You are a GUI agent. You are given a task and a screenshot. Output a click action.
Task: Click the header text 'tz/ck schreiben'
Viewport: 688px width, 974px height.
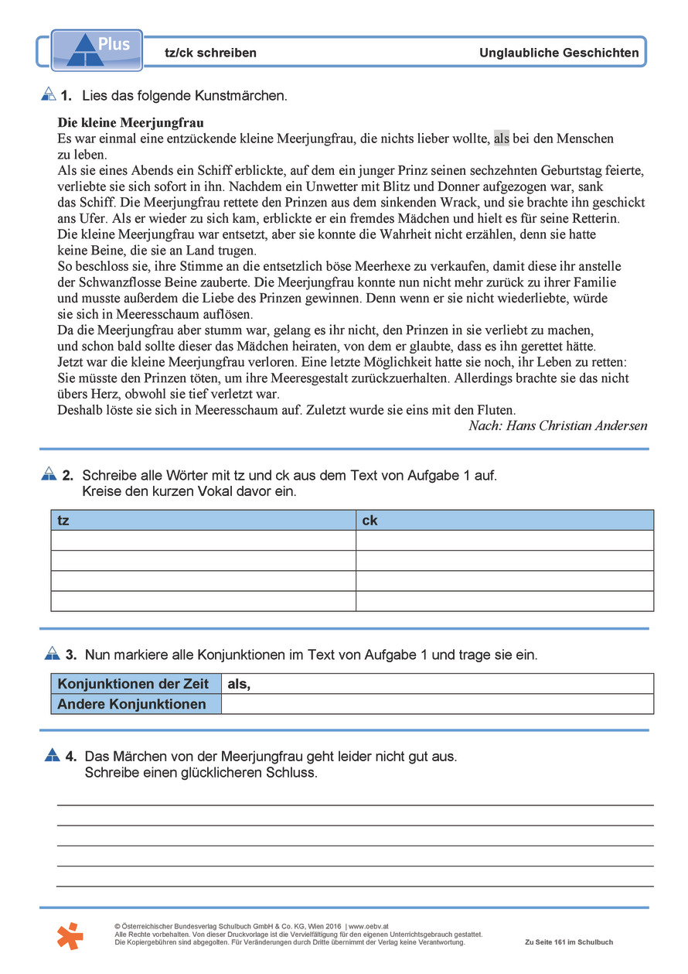[x=210, y=53]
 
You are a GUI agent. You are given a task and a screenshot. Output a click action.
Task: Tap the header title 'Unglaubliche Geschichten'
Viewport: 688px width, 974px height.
[x=559, y=53]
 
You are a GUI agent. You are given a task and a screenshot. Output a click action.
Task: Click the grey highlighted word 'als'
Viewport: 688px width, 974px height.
[x=502, y=139]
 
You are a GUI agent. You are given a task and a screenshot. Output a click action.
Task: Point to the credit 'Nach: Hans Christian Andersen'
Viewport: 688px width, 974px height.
[x=557, y=426]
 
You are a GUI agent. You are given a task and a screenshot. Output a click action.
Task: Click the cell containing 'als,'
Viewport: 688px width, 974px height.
[x=437, y=684]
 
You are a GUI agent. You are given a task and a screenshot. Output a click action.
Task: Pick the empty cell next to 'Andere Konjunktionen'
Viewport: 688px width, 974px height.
[x=437, y=704]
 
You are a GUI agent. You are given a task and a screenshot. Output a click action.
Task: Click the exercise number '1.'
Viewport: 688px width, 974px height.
[x=66, y=96]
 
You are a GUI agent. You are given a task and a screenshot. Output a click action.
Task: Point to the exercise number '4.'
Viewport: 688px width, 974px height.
[x=70, y=756]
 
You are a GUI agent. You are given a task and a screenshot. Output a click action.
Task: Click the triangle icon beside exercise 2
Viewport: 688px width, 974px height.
[x=49, y=473]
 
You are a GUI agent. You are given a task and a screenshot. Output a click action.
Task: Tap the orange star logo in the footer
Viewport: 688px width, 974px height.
[x=70, y=935]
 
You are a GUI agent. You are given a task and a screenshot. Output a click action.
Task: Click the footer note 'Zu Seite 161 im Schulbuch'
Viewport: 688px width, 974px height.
[x=568, y=942]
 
